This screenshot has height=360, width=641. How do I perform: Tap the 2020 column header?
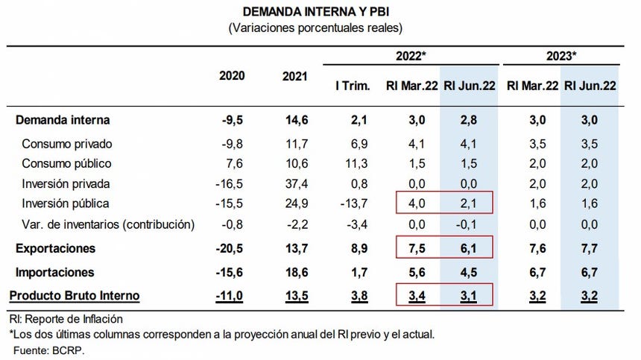232,76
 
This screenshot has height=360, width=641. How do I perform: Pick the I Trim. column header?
352,86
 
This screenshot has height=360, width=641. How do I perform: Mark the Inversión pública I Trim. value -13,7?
353,203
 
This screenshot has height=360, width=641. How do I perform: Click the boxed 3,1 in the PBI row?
466,296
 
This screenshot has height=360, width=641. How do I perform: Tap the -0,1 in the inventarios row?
466,224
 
